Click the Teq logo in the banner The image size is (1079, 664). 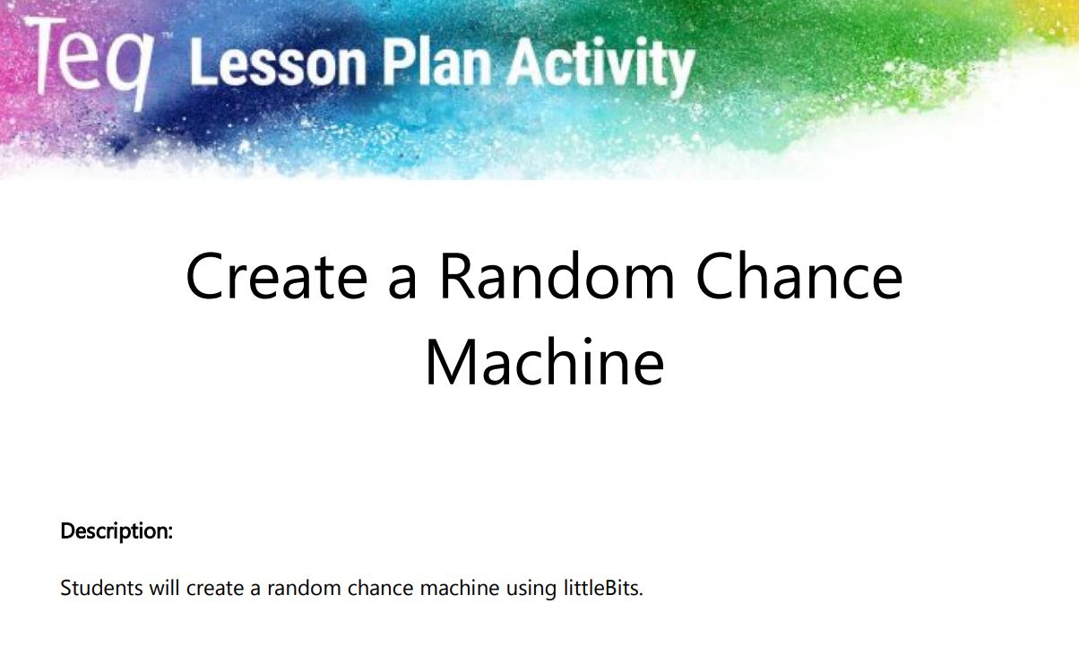(89, 62)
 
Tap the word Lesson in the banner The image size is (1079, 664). (278, 63)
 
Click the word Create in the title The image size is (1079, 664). (277, 276)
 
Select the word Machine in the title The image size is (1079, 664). (545, 361)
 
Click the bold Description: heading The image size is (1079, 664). (117, 532)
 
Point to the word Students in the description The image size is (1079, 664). (101, 588)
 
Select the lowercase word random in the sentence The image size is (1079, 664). (305, 588)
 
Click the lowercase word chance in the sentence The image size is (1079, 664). (380, 588)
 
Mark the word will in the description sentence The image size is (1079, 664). (164, 588)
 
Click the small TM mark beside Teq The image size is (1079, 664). (168, 36)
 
